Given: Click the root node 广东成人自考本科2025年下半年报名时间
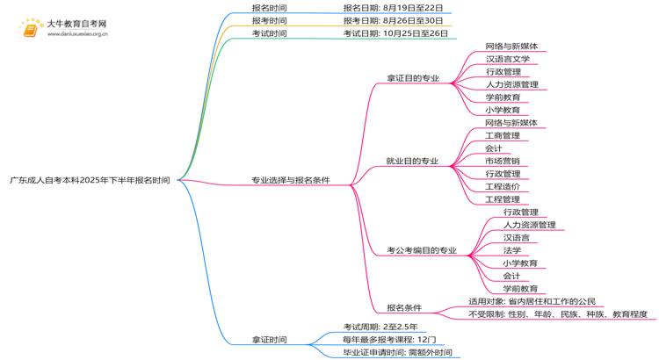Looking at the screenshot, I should click(x=90, y=180).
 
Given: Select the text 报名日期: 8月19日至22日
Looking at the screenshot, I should click(x=393, y=8).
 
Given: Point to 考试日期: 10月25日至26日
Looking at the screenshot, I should click(x=395, y=33).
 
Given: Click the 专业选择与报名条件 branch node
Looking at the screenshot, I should click(x=291, y=180).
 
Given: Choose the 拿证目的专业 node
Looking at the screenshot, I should click(x=412, y=78).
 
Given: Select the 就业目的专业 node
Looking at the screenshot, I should click(x=412, y=162).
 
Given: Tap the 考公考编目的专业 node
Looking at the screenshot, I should click(x=421, y=250).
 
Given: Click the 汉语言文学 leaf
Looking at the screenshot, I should click(x=507, y=59).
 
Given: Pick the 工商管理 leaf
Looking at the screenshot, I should click(x=502, y=136).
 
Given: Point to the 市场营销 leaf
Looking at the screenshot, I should click(x=502, y=162).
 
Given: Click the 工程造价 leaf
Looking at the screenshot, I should click(x=502, y=187).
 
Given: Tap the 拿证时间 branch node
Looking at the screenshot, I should click(x=269, y=340).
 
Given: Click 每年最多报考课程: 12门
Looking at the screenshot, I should click(x=388, y=340).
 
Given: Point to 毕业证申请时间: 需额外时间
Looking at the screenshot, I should click(x=397, y=353).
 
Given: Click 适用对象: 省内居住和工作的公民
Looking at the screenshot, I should click(x=532, y=301).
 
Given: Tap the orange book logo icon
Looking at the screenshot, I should click(x=31, y=29).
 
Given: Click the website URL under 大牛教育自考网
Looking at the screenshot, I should click(x=77, y=35).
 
